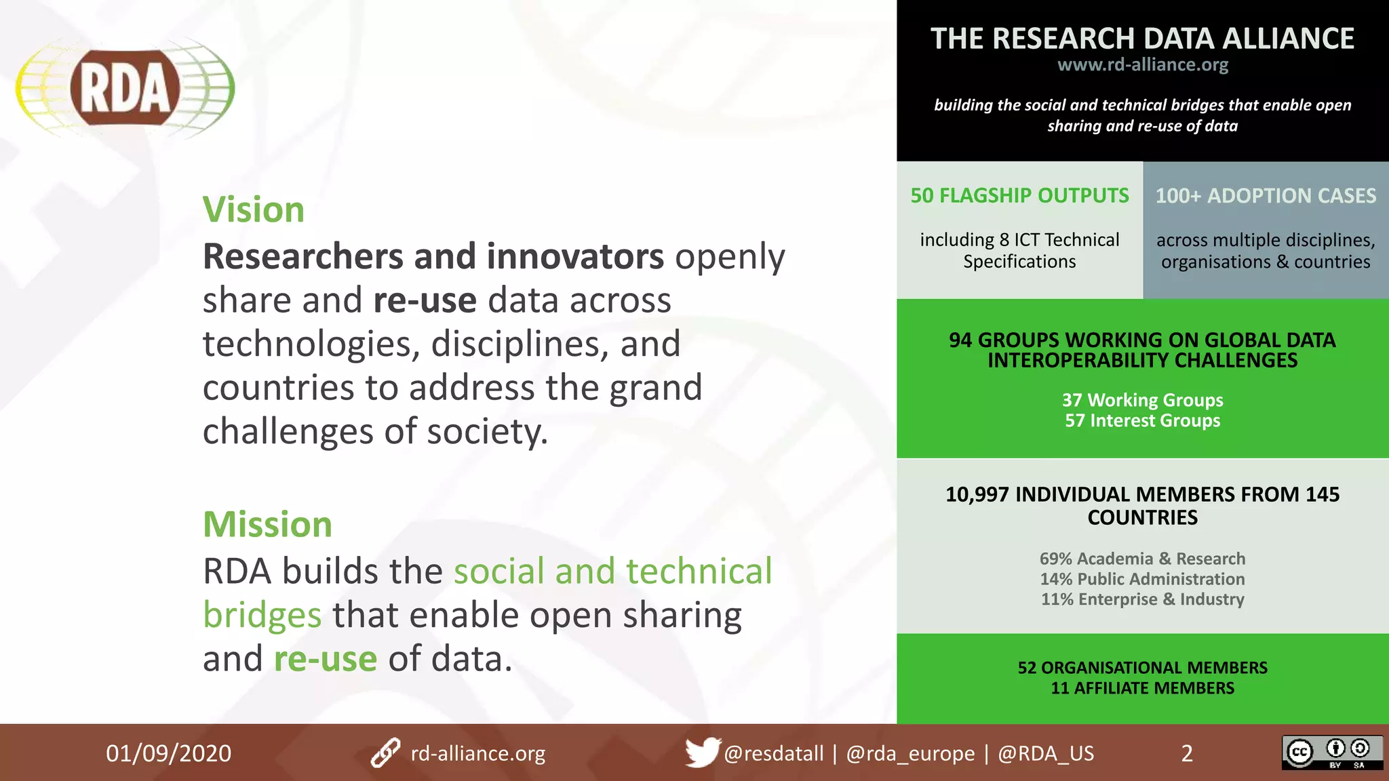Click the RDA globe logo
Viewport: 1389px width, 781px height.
click(125, 88)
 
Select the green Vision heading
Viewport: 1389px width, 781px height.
click(254, 209)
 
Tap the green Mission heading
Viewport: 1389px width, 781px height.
click(268, 524)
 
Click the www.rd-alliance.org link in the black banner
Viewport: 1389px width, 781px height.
click(1143, 65)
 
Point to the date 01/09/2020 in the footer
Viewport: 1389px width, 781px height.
click(168, 753)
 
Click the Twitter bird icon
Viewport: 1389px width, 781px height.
click(701, 752)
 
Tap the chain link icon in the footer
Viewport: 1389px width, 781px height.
click(385, 753)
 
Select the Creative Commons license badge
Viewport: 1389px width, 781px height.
click(1332, 753)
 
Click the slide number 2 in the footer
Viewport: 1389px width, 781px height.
click(1187, 753)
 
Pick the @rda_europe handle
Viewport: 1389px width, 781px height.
click(910, 753)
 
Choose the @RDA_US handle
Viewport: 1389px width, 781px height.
click(1046, 753)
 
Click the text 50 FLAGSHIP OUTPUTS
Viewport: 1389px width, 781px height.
click(1019, 196)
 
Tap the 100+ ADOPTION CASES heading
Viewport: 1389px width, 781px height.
click(1266, 196)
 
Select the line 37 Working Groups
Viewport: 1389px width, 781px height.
click(1143, 400)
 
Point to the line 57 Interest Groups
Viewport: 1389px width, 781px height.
click(1143, 420)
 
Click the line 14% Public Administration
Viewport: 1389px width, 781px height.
click(1143, 579)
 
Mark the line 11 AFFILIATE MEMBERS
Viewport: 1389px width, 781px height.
click(1143, 688)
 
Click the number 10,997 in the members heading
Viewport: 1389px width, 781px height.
click(977, 494)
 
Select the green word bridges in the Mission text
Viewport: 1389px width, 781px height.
click(262, 616)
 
